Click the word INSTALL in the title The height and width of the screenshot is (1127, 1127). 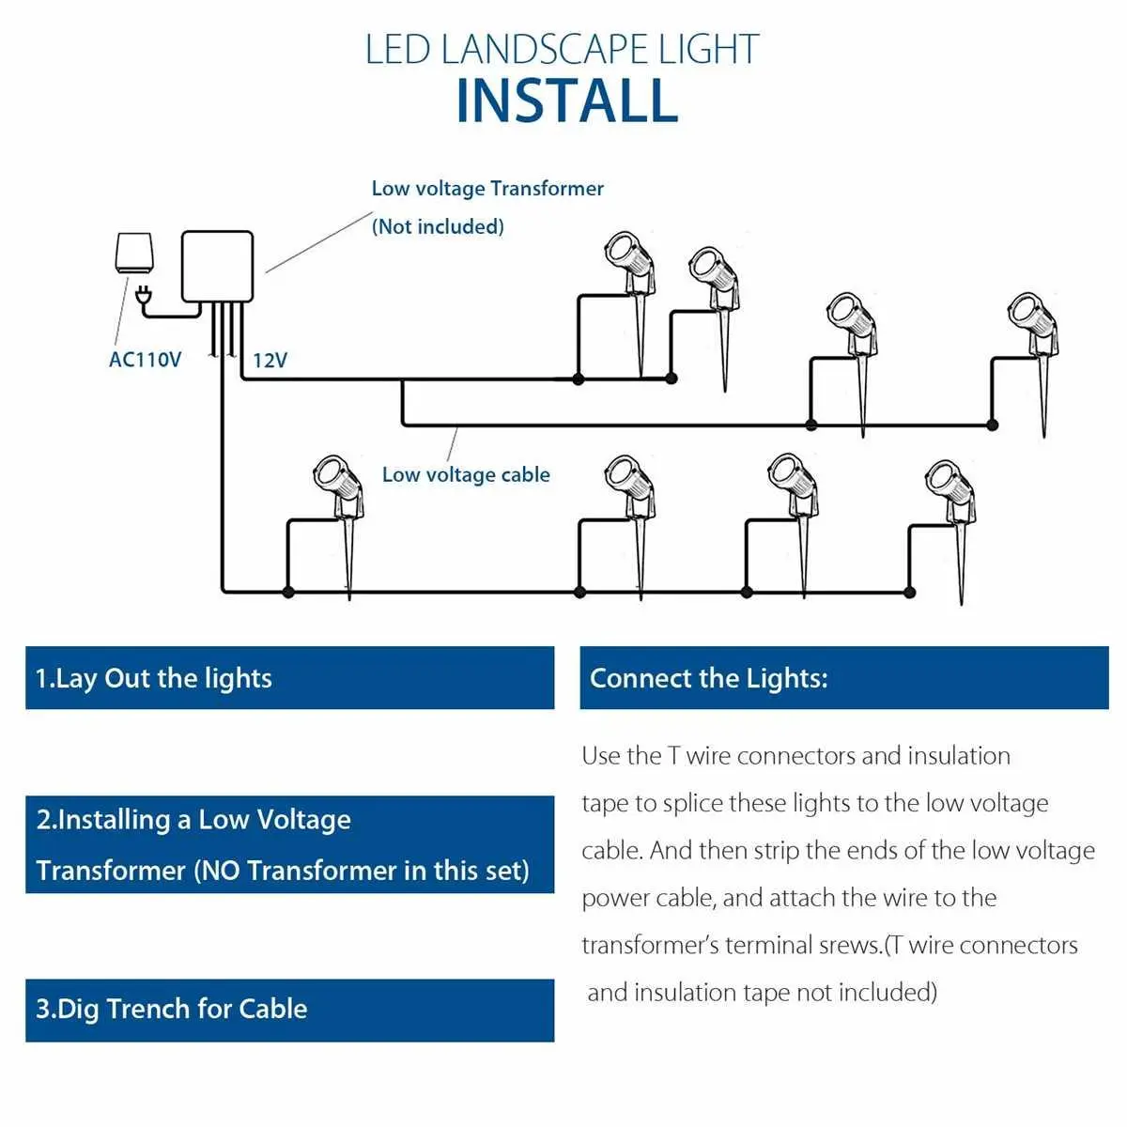(566, 101)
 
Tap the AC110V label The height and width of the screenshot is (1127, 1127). (145, 360)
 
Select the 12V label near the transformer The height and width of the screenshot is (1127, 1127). (270, 361)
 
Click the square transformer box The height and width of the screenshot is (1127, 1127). (217, 267)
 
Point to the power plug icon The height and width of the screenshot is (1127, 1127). (144, 298)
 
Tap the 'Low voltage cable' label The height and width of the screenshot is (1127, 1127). (466, 475)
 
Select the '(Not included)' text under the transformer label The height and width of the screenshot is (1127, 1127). (438, 226)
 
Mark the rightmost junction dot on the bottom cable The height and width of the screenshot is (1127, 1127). (909, 593)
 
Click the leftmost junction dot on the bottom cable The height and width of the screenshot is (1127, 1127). (288, 593)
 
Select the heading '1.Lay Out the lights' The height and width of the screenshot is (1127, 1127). (154, 678)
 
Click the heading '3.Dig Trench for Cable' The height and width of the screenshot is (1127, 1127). (172, 1009)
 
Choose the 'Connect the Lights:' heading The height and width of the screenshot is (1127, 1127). (709, 678)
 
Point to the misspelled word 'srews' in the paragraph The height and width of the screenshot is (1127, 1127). (853, 945)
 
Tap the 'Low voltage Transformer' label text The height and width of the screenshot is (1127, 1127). (487, 189)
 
